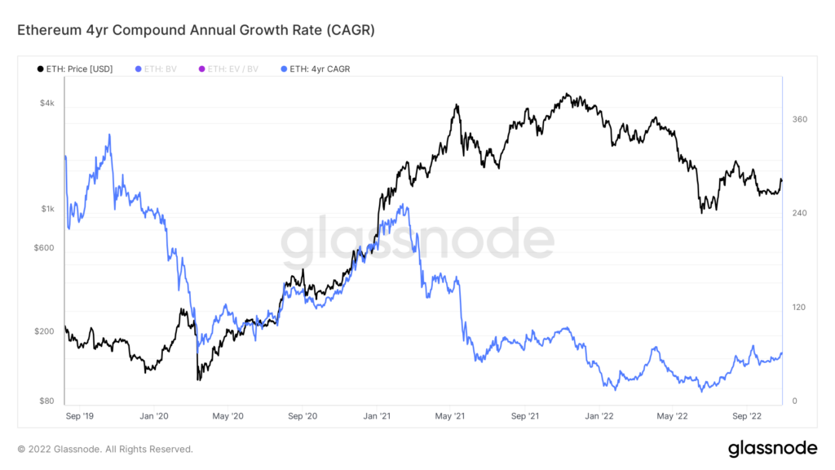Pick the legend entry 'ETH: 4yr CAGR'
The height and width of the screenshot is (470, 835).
[319, 69]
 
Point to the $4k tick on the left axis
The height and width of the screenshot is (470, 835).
[48, 103]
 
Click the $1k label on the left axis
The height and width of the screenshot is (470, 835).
[48, 209]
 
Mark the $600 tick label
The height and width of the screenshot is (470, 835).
[44, 248]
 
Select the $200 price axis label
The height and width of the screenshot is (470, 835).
[44, 331]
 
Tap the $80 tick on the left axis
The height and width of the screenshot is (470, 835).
[46, 401]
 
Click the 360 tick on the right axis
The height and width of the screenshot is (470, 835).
[799, 119]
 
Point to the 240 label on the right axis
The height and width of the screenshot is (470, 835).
[799, 213]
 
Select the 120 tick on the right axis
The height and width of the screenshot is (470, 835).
[799, 307]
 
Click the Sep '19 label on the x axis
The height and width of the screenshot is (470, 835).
[79, 415]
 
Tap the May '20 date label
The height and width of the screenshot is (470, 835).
[228, 415]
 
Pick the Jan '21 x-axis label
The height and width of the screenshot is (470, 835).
[376, 415]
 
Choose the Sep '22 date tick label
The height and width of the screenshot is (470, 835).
[747, 415]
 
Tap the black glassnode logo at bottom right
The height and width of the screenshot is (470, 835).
[771, 448]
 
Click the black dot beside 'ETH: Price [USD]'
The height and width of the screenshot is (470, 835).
[41, 69]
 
